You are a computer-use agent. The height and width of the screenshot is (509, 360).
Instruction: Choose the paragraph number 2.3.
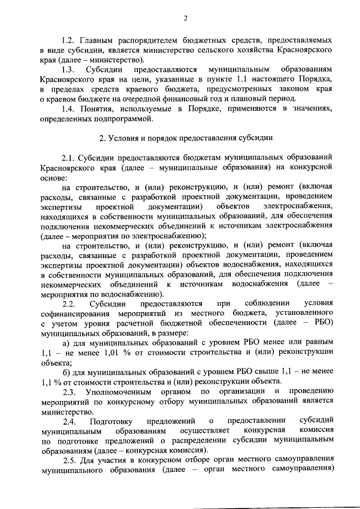point(70,391)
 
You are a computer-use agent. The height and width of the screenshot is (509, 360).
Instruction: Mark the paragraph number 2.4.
point(70,421)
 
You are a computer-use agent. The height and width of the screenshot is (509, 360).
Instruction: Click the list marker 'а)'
point(66,342)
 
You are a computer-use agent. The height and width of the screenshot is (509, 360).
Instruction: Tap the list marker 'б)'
point(66,371)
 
